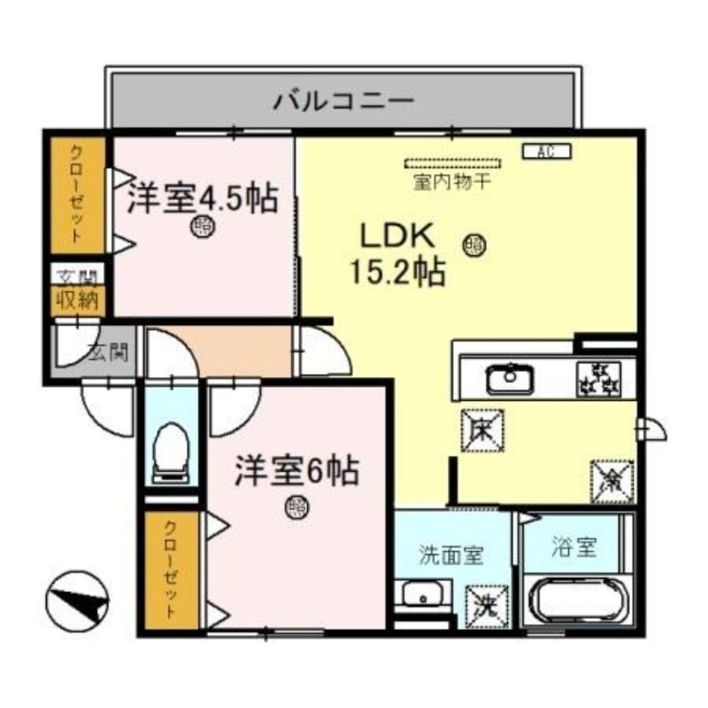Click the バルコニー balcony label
[342, 99]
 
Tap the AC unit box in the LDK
[549, 151]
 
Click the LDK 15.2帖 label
[396, 254]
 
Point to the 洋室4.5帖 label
[202, 197]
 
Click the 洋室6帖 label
[296, 471]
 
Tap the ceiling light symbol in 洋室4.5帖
[203, 227]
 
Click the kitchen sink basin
[509, 380]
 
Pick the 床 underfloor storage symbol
[481, 431]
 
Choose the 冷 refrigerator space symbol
[611, 481]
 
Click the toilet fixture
[171, 450]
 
